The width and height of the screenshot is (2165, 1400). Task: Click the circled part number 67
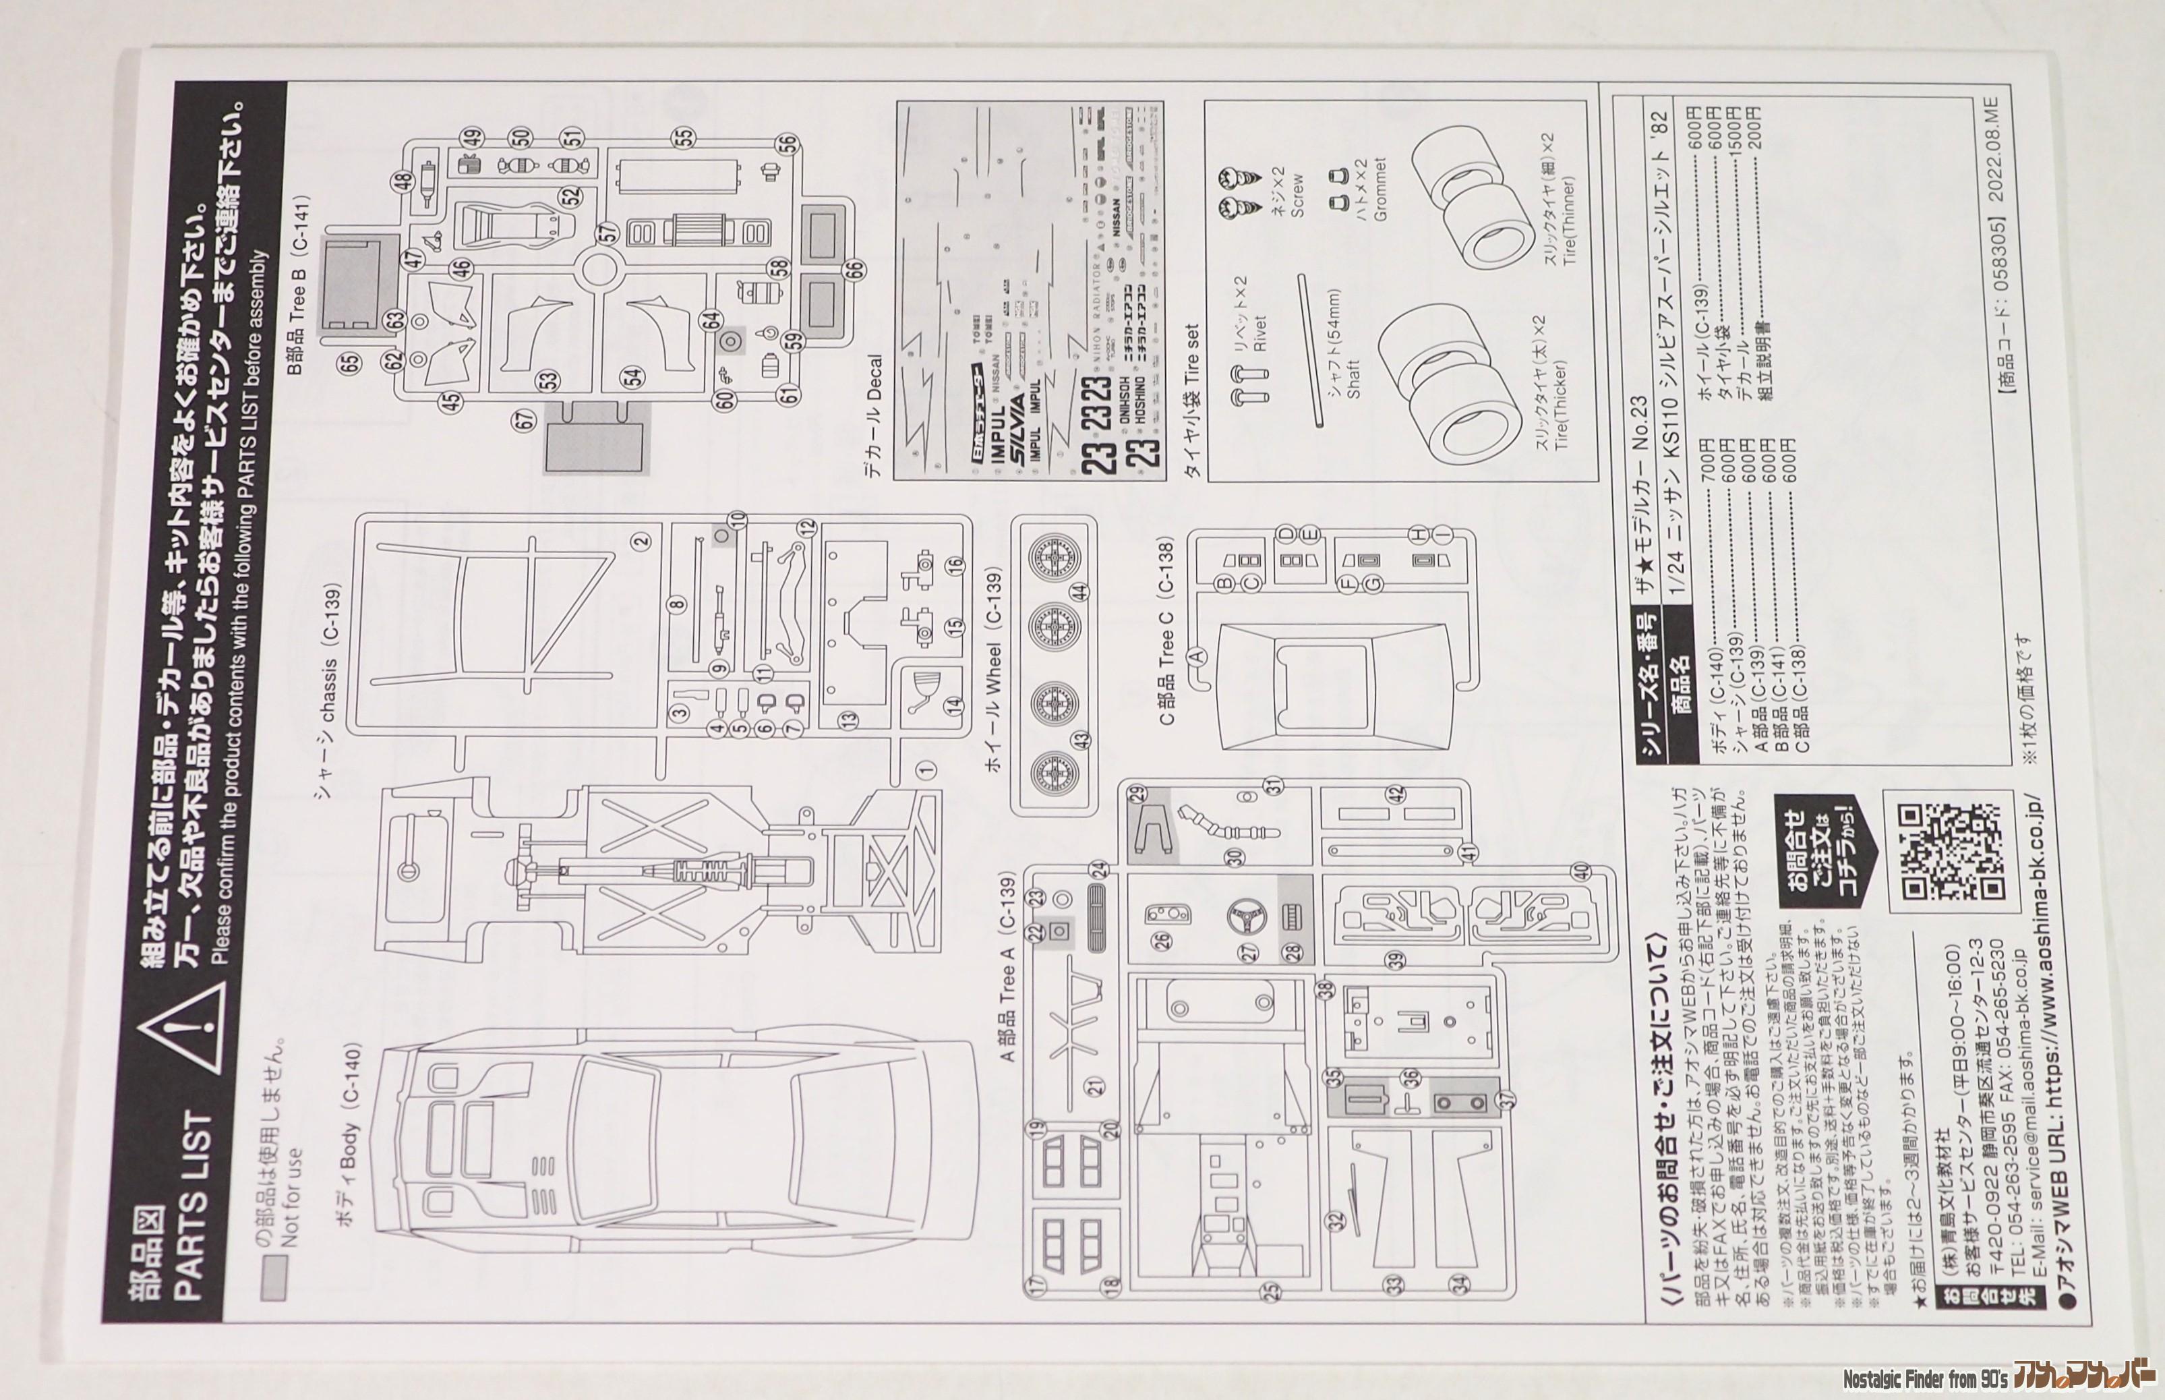[x=525, y=421]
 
